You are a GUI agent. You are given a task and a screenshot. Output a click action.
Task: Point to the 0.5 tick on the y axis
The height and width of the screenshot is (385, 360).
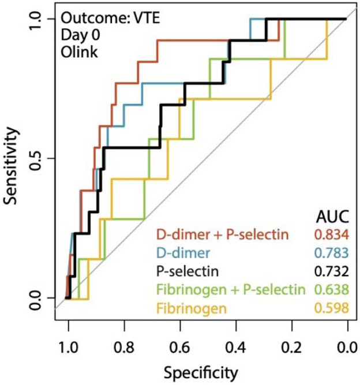(x=37, y=158)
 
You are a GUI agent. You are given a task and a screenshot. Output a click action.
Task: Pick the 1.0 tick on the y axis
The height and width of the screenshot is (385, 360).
(x=37, y=19)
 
